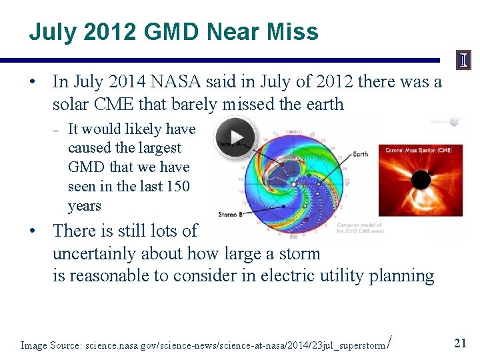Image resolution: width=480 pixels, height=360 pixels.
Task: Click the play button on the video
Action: [x=233, y=136]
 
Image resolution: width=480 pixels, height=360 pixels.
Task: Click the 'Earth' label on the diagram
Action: [x=360, y=154]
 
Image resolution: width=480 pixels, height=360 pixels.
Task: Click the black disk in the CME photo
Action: [x=421, y=181]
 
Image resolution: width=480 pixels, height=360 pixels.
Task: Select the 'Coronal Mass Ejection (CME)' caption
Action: [x=418, y=150]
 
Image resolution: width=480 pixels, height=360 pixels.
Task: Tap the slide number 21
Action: [x=459, y=343]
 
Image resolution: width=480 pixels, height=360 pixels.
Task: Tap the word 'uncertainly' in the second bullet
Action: [x=94, y=254]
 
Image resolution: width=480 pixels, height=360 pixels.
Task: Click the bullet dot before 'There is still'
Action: [x=32, y=231]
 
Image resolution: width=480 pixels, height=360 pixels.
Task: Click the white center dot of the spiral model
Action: [x=291, y=183]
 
